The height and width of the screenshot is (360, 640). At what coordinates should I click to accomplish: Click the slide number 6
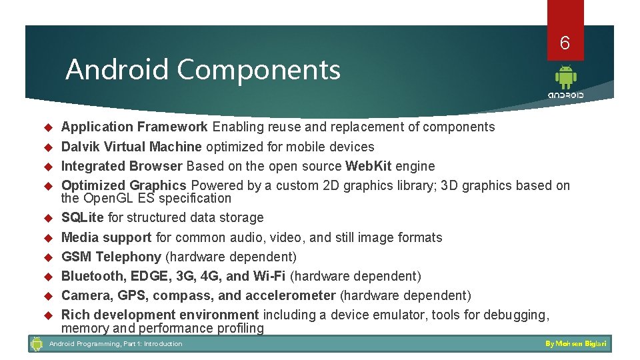[565, 43]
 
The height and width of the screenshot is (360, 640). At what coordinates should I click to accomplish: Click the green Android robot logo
[565, 77]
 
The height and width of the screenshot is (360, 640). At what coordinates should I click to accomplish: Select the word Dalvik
[79, 147]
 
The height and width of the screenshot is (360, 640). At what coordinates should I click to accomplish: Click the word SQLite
[83, 217]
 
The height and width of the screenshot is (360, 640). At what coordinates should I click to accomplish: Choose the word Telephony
[129, 257]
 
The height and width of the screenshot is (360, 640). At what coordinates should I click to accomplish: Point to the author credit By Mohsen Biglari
[576, 344]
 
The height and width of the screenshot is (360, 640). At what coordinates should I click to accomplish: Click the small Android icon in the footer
[37, 344]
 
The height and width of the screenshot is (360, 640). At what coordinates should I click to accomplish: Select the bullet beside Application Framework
[47, 127]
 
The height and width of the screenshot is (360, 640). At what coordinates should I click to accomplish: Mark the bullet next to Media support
[47, 238]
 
